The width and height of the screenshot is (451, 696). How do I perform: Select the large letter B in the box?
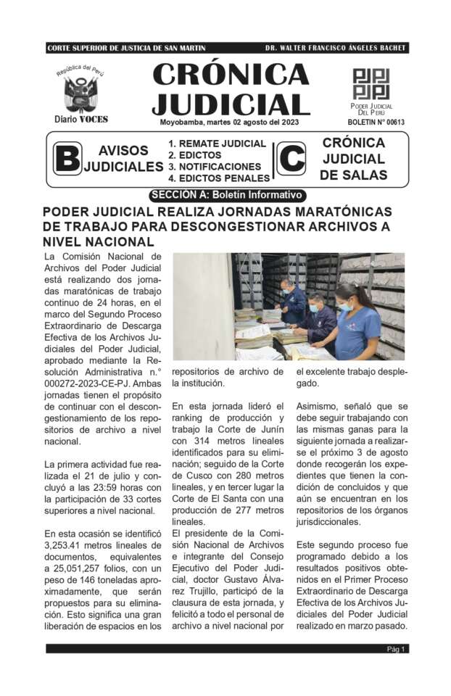pyautogui.click(x=67, y=159)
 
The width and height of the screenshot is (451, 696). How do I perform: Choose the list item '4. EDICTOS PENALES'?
pyautogui.click(x=218, y=178)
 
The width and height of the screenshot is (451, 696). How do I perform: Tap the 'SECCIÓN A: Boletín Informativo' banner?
pyautogui.click(x=225, y=195)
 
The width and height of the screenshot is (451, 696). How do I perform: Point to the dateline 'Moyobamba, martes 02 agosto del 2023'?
pyautogui.click(x=229, y=122)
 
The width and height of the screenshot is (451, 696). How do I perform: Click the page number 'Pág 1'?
pyautogui.click(x=396, y=649)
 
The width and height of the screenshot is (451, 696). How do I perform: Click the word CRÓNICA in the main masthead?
pyautogui.click(x=231, y=75)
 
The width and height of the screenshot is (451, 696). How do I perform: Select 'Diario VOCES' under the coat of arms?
pyautogui.click(x=80, y=119)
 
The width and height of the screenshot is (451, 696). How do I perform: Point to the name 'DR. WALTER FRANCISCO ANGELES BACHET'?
pyautogui.click(x=336, y=49)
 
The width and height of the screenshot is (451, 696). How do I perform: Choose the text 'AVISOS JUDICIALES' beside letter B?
pyautogui.click(x=123, y=159)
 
